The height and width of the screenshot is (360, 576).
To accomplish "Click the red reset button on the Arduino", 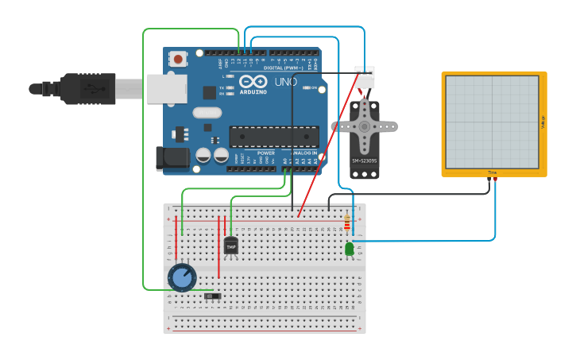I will click(x=178, y=59).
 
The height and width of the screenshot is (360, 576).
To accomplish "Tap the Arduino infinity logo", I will click(x=253, y=82).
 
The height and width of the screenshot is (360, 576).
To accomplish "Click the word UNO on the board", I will click(x=285, y=82).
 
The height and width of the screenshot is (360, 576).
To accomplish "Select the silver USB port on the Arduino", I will click(x=167, y=88).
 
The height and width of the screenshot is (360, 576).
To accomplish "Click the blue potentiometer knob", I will click(x=182, y=277).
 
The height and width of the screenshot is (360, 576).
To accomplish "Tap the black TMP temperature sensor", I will click(x=230, y=246).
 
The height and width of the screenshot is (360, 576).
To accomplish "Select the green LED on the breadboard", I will click(x=349, y=249).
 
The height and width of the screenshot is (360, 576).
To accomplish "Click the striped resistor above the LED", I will click(x=346, y=223).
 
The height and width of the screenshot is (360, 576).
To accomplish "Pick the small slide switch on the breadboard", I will click(x=212, y=296).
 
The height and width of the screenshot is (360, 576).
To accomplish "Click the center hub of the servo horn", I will click(x=364, y=126).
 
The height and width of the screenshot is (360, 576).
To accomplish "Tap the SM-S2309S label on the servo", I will click(x=365, y=161).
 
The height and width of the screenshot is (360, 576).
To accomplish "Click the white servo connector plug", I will click(x=365, y=77).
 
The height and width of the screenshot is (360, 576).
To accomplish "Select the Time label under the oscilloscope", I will click(x=493, y=172).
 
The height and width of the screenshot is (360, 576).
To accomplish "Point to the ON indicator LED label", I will click(x=314, y=87).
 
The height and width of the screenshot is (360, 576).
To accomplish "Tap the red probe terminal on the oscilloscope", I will click(x=496, y=180).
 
